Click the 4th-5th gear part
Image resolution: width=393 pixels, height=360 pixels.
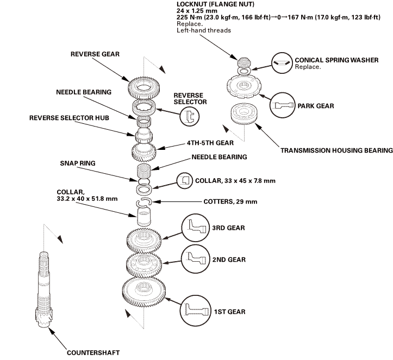(x=144, y=148)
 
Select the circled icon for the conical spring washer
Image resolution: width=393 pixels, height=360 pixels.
(x=281, y=63)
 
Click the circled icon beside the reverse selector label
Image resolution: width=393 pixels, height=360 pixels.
(x=189, y=115)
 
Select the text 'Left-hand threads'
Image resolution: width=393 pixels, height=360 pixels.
(x=204, y=30)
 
